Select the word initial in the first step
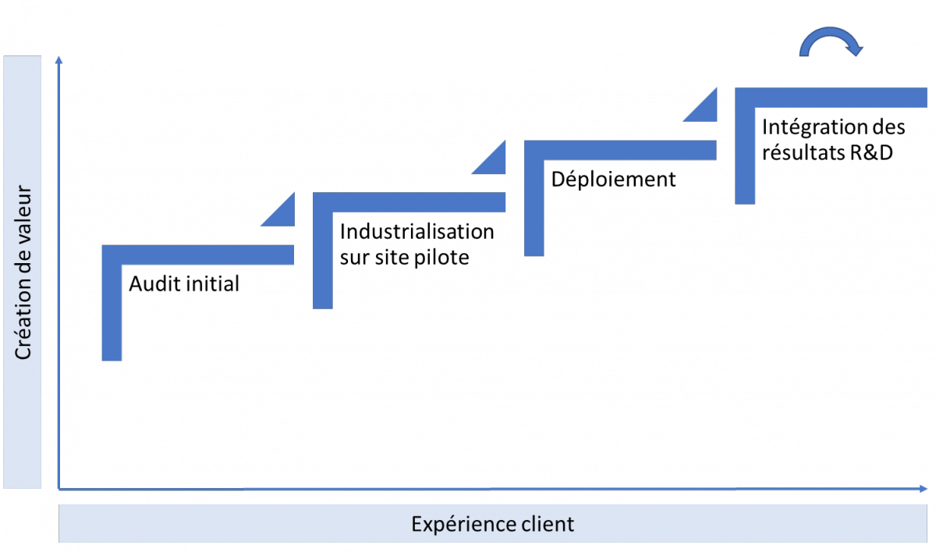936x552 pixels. pos(213,283)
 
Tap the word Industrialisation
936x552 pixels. pos(417,231)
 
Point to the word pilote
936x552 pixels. pos(441,257)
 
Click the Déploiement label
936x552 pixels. pos(613,179)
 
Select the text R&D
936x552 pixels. pos(872,152)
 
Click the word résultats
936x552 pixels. pos(803,152)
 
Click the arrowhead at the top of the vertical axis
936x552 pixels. pos(59,60)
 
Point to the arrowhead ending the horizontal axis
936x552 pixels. pos(923,489)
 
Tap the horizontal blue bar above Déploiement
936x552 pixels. pos(621,150)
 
